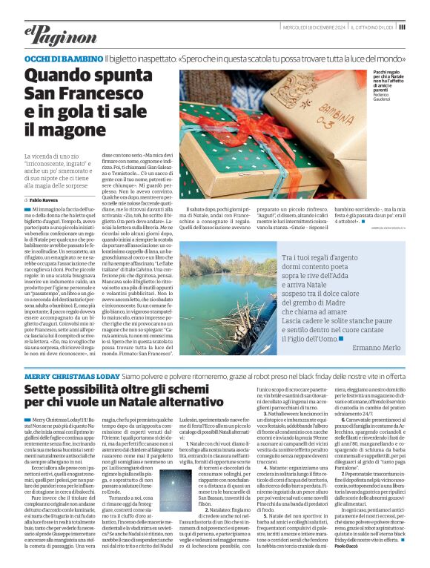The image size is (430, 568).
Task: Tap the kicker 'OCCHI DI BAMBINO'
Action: tap(64, 58)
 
